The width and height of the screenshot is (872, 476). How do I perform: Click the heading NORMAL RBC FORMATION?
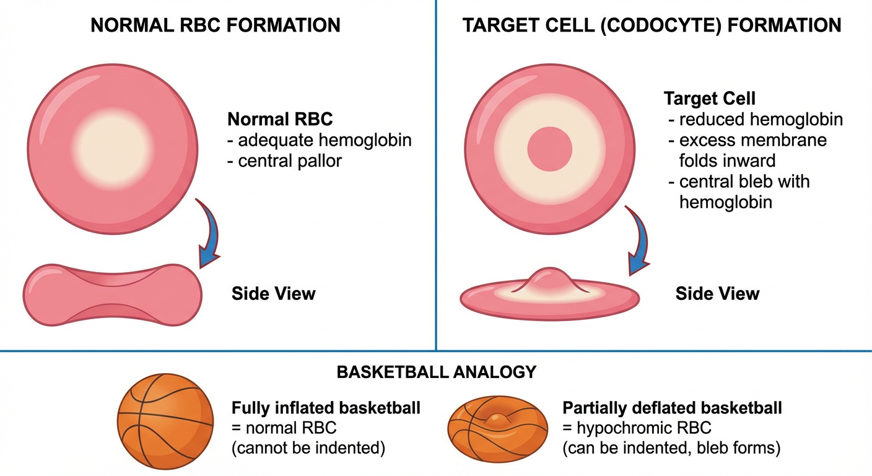coord(216,25)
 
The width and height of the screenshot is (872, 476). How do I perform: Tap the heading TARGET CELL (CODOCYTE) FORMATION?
coord(652,25)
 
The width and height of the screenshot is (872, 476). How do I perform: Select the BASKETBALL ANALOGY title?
coord(436,372)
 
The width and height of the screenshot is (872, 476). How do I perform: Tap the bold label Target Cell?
coord(709,99)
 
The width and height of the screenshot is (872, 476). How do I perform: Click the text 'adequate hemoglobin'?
coord(325,141)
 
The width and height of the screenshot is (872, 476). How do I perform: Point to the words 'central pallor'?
coord(290,161)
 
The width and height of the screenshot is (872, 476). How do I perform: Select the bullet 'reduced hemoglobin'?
coord(761,120)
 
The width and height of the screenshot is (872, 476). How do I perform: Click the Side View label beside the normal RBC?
coord(273,293)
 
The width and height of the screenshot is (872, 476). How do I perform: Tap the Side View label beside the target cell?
coord(717,293)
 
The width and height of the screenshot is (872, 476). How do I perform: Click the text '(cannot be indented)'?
coord(308,448)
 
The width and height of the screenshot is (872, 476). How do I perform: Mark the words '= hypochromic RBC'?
coord(637,428)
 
